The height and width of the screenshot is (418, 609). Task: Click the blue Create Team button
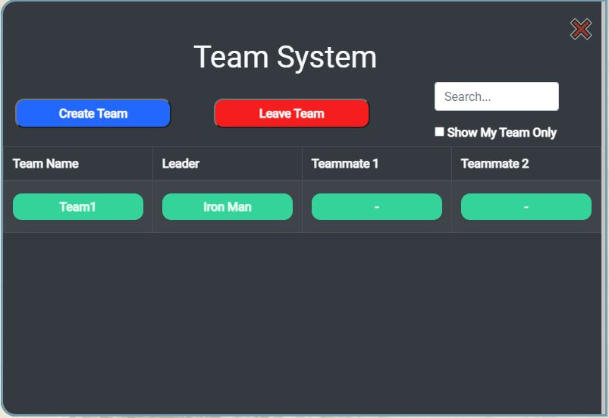tap(93, 113)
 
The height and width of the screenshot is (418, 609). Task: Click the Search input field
tap(496, 96)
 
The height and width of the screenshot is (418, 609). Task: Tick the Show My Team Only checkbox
tap(439, 132)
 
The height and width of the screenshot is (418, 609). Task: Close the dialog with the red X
tap(581, 29)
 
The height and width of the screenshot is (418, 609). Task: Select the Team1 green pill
tap(78, 206)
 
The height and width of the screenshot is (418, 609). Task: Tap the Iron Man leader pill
tap(228, 206)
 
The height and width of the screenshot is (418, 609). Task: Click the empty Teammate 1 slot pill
tap(377, 206)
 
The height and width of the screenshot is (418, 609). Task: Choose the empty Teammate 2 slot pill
tap(526, 206)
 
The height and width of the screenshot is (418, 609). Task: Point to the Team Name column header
tap(46, 164)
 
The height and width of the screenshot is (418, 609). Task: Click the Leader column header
tap(181, 164)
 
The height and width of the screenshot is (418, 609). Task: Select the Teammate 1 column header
tap(345, 164)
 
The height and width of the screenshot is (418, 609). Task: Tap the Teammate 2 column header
tap(494, 164)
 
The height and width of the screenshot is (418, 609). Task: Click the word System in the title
tap(327, 58)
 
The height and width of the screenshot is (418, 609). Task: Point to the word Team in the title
tap(231, 57)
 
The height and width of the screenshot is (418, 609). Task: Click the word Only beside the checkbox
tap(545, 133)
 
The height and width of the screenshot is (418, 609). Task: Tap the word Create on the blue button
tap(76, 114)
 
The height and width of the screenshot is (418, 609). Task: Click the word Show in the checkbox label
tap(462, 133)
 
